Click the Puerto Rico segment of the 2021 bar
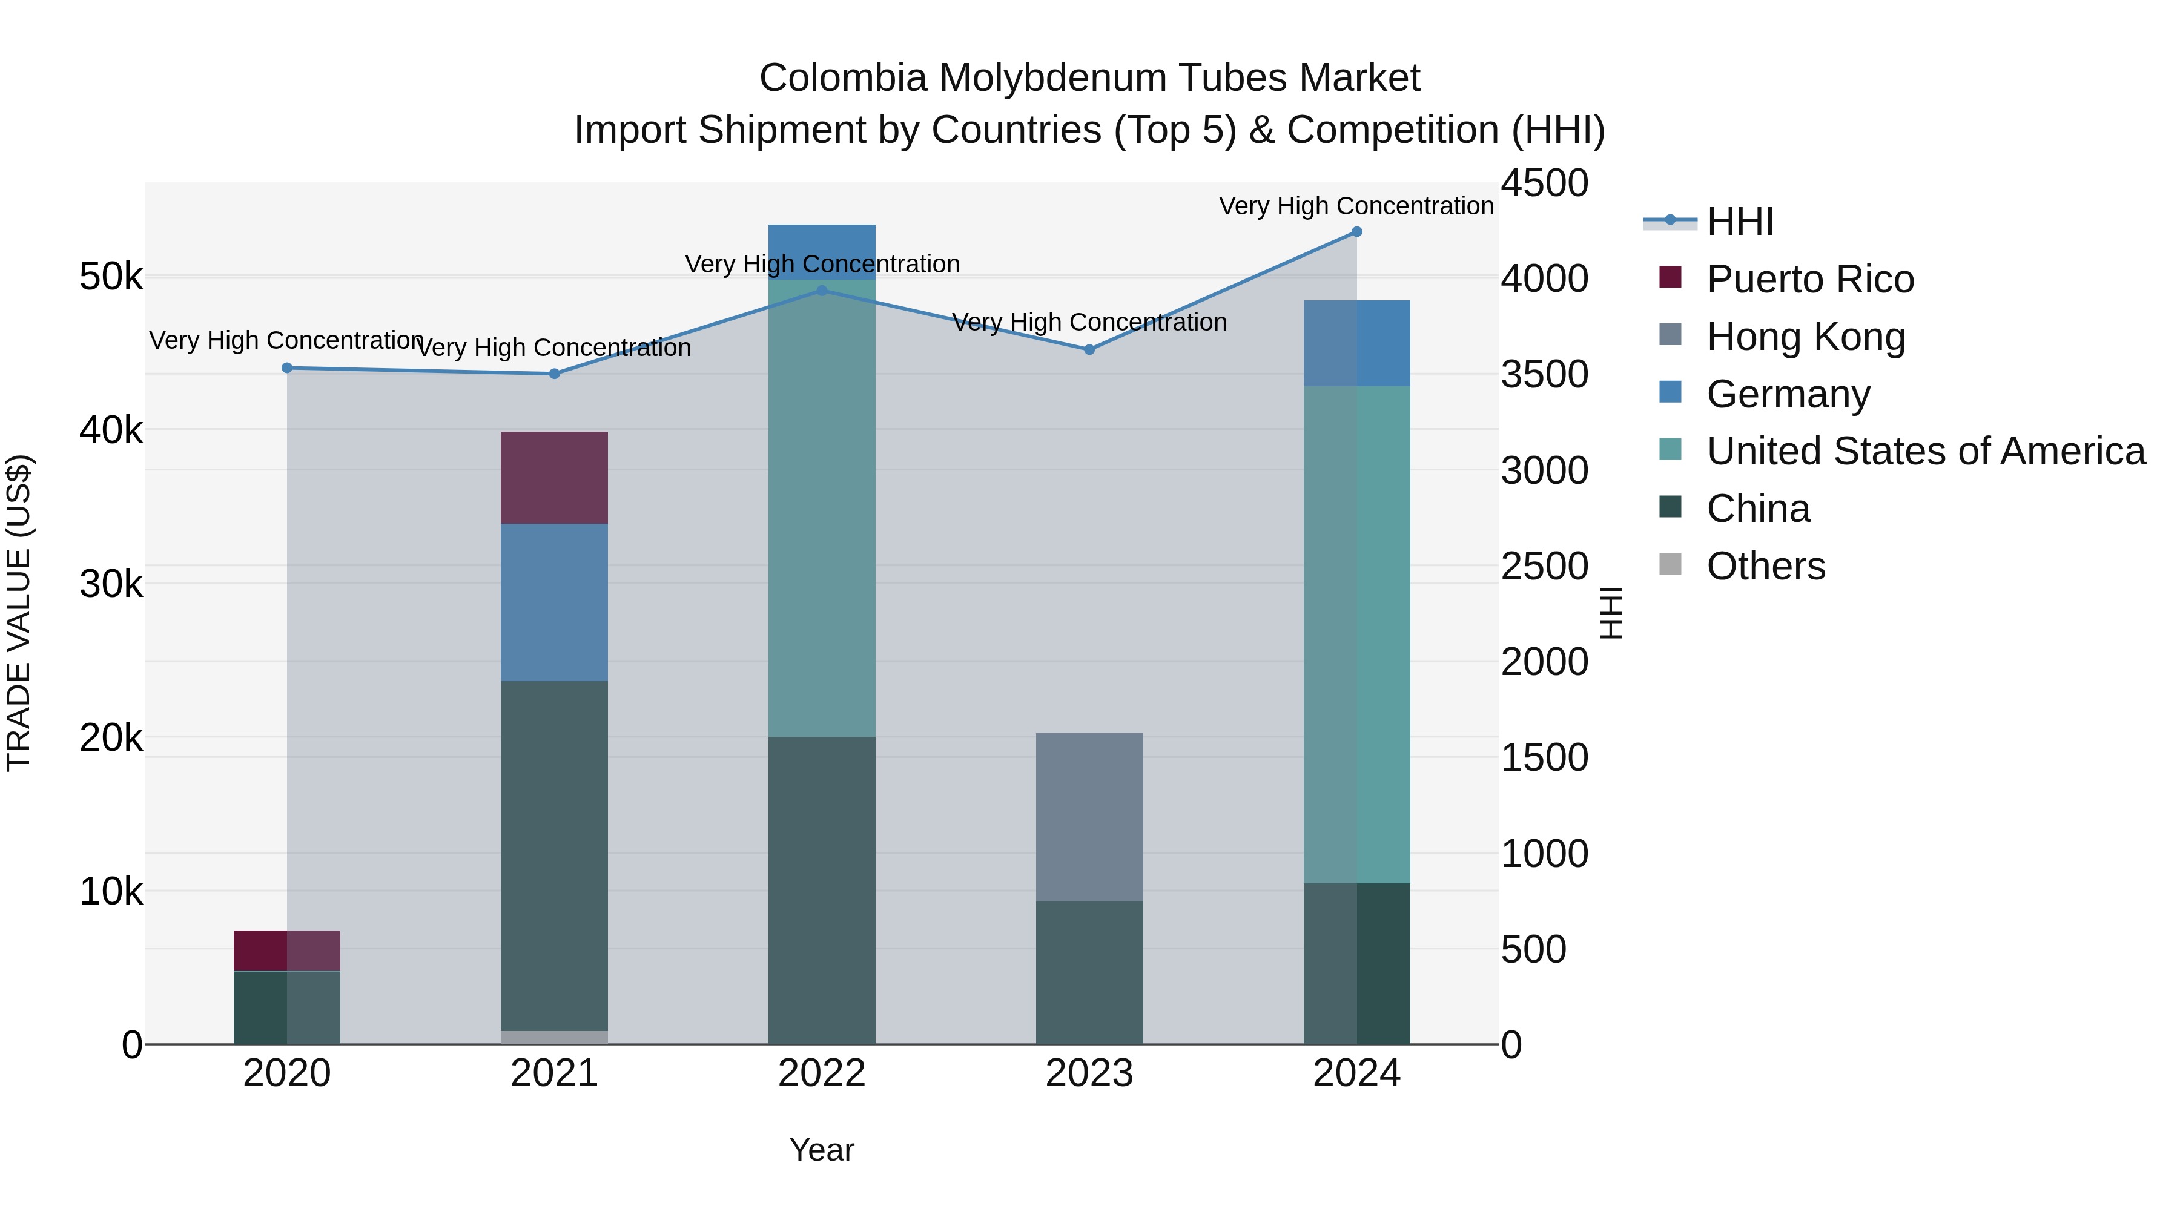[554, 478]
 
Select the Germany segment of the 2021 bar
[554, 602]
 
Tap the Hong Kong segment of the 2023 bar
[1089, 817]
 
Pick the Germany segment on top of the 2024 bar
[1356, 343]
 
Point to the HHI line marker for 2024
[1356, 232]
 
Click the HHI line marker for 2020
[287, 368]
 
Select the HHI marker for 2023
[1089, 349]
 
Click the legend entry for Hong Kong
[1805, 337]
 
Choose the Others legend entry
[1765, 566]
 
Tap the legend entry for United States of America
[1925, 451]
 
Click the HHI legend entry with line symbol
[1739, 222]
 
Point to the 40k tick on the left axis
[111, 430]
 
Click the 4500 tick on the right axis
[1544, 183]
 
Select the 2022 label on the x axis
[822, 1073]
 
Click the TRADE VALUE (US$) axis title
[19, 613]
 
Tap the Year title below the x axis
[822, 1150]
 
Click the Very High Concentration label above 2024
[1356, 206]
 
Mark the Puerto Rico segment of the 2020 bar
[287, 950]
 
